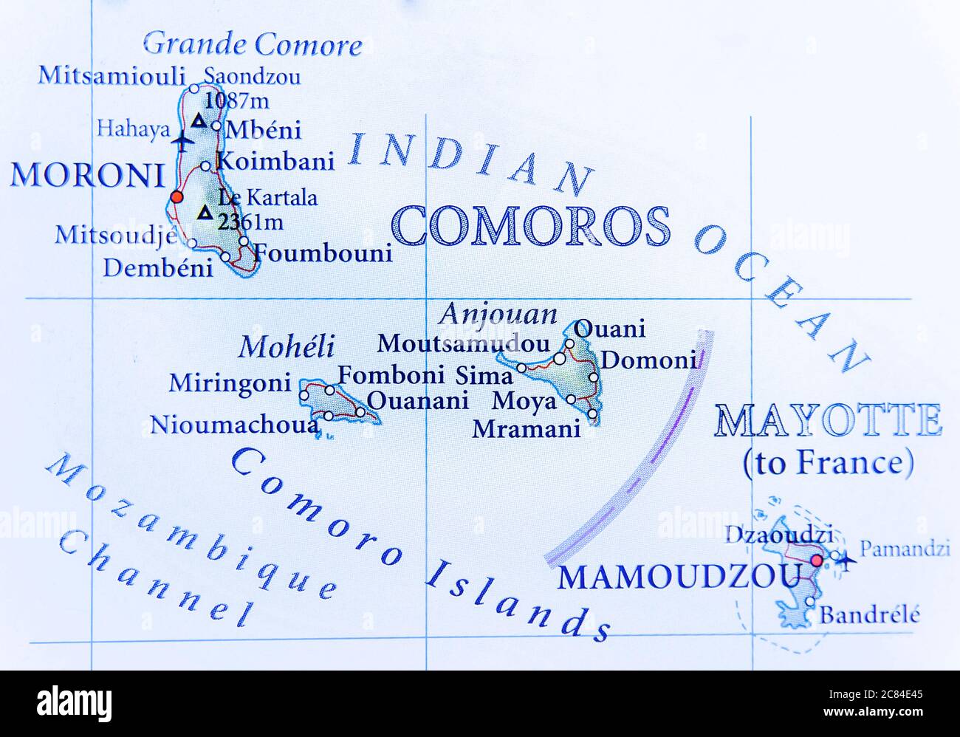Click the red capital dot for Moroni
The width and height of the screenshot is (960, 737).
click(x=176, y=196)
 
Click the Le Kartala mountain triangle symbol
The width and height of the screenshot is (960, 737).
click(x=205, y=213)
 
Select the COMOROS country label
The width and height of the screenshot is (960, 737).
click(x=532, y=226)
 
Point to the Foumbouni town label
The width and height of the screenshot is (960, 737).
click(x=323, y=253)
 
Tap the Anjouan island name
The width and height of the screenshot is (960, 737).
click(x=498, y=314)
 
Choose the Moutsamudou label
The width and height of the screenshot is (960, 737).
click(x=463, y=343)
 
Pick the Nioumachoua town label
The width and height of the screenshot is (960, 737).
click(x=235, y=425)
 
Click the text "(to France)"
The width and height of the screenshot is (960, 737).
click(x=828, y=463)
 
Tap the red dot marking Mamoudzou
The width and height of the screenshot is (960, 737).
click(x=816, y=561)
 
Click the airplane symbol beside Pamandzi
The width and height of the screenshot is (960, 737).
click(x=847, y=561)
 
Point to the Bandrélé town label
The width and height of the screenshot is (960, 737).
click(x=870, y=614)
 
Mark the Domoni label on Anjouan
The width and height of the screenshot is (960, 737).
click(x=648, y=360)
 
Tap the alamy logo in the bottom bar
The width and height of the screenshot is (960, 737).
click(x=75, y=702)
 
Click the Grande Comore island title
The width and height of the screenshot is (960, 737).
click(x=253, y=44)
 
